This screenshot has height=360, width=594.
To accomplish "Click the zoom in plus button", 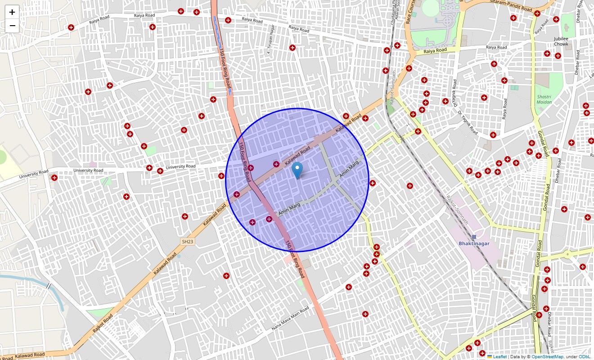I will (x=12, y=12).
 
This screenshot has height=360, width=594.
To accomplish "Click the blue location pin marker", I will (x=297, y=171).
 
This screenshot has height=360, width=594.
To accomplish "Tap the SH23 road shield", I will (x=188, y=242).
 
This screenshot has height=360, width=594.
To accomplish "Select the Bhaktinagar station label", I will (x=474, y=243).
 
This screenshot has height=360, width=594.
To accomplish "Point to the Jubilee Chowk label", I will (x=561, y=41).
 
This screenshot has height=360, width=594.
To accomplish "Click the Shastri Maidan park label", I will (x=544, y=99).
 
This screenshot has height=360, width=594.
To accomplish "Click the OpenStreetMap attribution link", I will (x=547, y=356).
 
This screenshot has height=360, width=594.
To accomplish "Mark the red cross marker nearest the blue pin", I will (x=276, y=164).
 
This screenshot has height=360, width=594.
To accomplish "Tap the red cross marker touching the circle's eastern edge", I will (x=372, y=183).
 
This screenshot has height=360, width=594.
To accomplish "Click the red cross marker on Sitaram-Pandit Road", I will (x=537, y=13).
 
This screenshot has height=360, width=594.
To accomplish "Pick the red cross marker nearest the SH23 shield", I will (x=184, y=216).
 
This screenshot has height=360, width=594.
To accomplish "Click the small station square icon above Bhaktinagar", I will (x=474, y=237).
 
